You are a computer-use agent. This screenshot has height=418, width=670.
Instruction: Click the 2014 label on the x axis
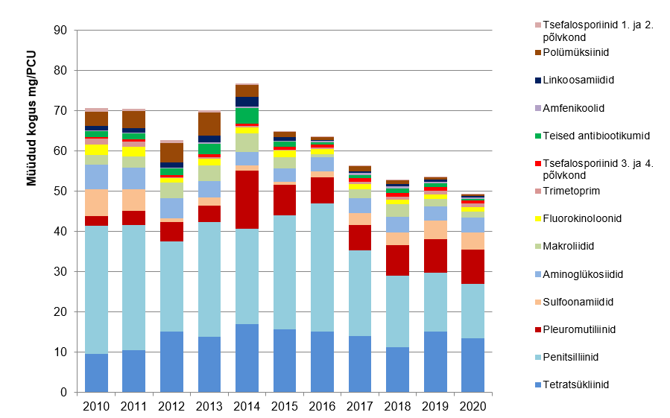tap(247, 406)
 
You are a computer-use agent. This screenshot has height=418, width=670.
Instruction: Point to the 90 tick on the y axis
tap(61, 31)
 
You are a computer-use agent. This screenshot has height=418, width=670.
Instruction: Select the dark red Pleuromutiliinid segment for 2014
tap(247, 200)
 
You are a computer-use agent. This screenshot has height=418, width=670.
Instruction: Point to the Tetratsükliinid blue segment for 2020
tap(473, 365)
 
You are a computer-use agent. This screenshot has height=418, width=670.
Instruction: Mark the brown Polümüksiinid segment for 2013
tap(209, 124)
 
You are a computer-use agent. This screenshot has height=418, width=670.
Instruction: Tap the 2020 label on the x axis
tap(473, 406)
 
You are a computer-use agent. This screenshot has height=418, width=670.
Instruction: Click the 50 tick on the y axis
tap(61, 191)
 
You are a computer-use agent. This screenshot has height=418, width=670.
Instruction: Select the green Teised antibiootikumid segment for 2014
tap(247, 115)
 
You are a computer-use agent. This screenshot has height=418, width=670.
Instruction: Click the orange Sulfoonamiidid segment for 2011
tap(134, 200)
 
